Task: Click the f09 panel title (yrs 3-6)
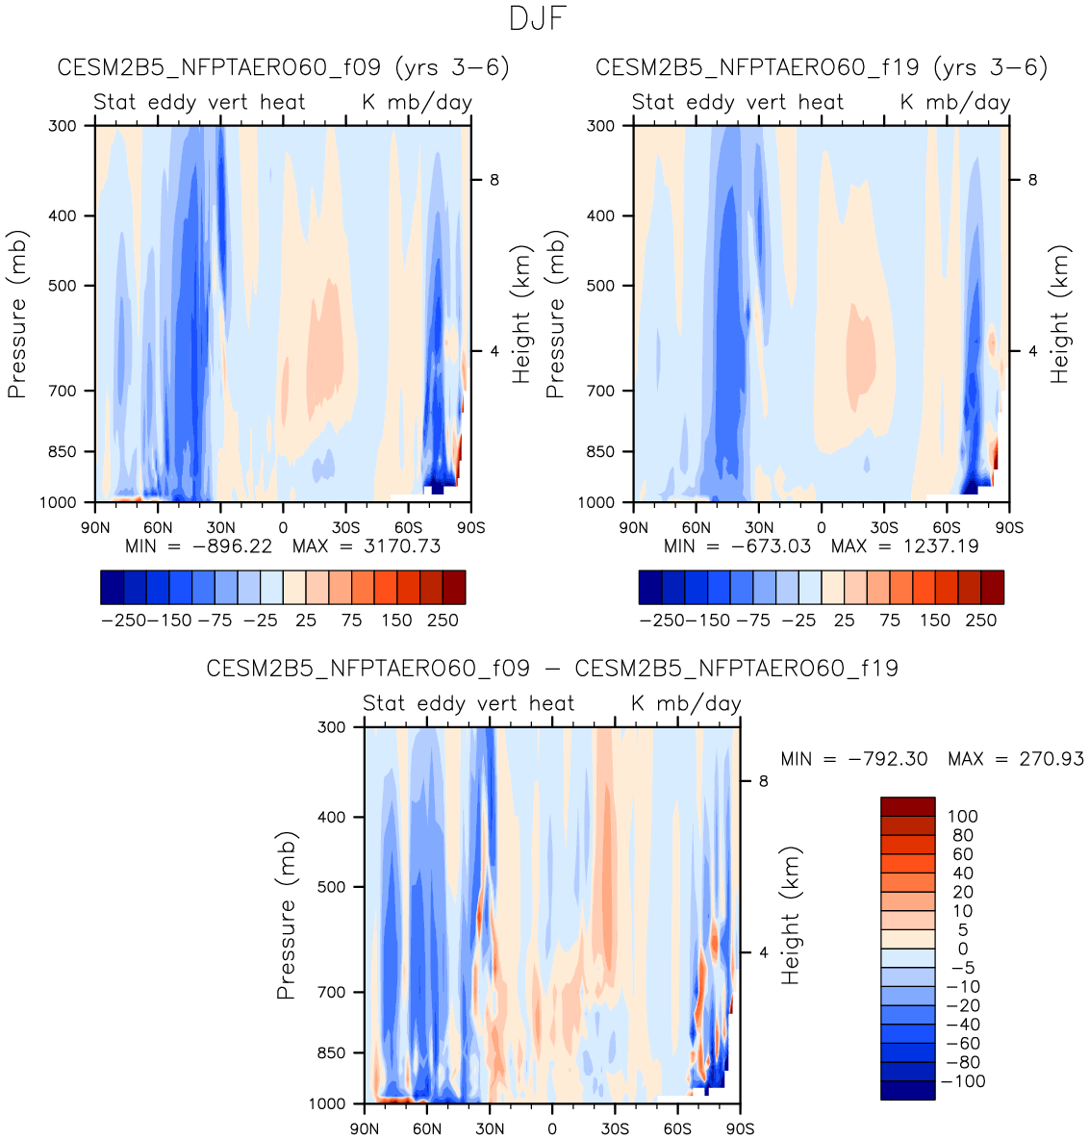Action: click(x=283, y=68)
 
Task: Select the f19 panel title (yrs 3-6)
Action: click(x=821, y=68)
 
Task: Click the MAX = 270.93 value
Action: click(x=1016, y=759)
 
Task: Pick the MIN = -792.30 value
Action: click(x=854, y=759)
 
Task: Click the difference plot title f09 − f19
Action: click(x=552, y=669)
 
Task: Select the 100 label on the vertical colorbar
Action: click(x=962, y=817)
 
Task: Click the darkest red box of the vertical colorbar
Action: click(x=907, y=806)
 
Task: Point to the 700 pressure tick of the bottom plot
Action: click(x=332, y=992)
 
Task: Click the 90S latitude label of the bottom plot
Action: click(x=740, y=1128)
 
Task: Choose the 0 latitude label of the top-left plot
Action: click(x=283, y=527)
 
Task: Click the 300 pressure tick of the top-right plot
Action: click(x=600, y=126)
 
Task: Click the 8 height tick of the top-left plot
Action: click(x=494, y=180)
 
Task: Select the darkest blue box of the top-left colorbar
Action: click(x=113, y=587)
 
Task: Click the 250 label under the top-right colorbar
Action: click(x=981, y=621)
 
